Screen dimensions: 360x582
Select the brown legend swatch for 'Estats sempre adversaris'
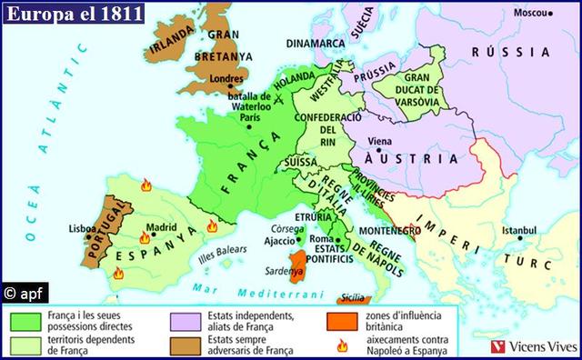pyautogui.click(x=186, y=342)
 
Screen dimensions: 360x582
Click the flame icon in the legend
pyautogui.click(x=342, y=343)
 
